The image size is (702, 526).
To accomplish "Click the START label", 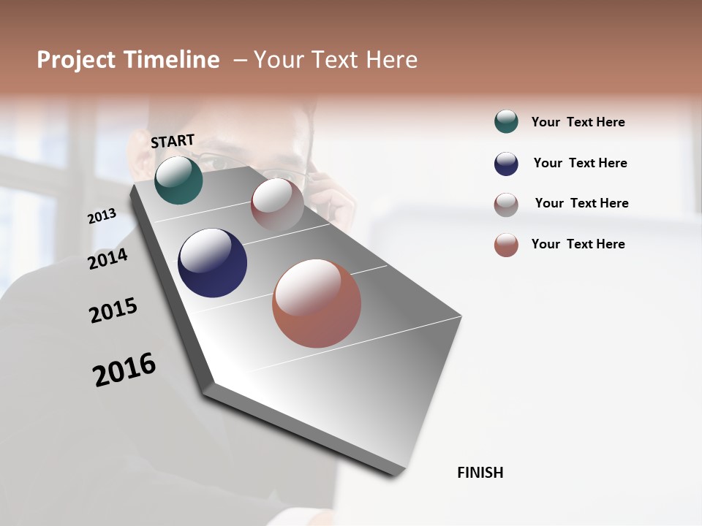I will click(x=173, y=141).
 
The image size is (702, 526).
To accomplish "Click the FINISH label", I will click(x=480, y=473).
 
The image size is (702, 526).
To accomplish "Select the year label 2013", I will click(x=102, y=216).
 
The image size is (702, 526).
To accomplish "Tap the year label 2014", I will click(x=107, y=259).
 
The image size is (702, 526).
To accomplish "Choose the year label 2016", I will click(x=124, y=370).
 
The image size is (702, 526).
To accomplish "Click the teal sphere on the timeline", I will click(x=178, y=180).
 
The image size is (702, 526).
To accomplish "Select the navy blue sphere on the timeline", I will click(x=212, y=263).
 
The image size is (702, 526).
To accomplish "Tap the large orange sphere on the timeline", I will click(x=317, y=303).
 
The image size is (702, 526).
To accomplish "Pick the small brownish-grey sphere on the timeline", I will click(x=277, y=204).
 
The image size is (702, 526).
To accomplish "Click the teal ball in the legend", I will click(x=506, y=122).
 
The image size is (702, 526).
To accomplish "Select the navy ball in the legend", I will click(x=506, y=164).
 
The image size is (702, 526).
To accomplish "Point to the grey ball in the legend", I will click(x=506, y=205).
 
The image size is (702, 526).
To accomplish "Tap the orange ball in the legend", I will click(x=506, y=245).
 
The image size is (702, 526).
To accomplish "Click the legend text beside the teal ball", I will click(x=578, y=122).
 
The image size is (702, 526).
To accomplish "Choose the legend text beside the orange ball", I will click(x=578, y=244).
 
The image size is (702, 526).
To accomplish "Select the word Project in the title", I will click(x=75, y=60).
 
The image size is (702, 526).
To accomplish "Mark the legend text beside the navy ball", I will click(x=580, y=163).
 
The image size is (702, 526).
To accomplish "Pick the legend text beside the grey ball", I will click(x=581, y=203).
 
